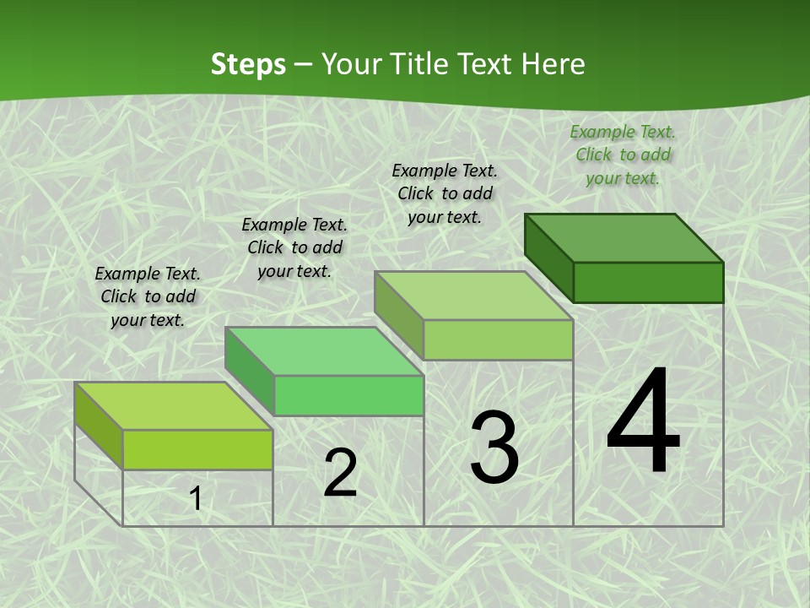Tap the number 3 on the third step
click(x=494, y=447)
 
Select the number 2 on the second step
click(x=341, y=473)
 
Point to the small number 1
click(x=196, y=499)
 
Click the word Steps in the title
click(x=248, y=64)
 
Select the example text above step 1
click(x=148, y=296)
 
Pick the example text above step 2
click(x=294, y=247)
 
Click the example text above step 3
click(x=445, y=193)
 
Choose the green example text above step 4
click(x=623, y=155)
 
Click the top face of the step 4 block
click(x=624, y=238)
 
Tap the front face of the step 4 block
click(x=648, y=282)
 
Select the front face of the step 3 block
click(x=498, y=339)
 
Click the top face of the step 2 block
click(x=324, y=351)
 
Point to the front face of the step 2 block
click(x=348, y=395)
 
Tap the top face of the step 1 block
click(x=174, y=406)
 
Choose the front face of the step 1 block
click(x=197, y=449)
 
